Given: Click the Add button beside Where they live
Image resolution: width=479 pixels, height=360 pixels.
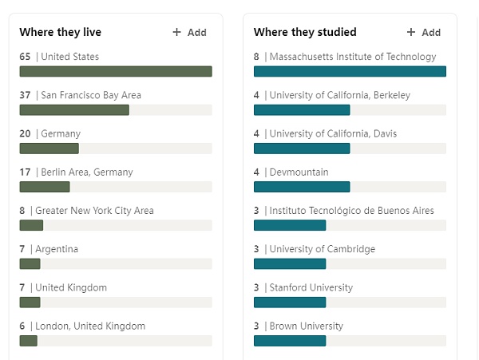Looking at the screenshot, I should [x=190, y=33].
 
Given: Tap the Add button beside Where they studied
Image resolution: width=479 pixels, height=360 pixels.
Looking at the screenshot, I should [x=424, y=33].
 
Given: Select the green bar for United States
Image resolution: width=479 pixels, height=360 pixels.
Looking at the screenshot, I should [x=116, y=71].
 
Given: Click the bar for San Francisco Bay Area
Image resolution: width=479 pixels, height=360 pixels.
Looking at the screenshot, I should [x=74, y=109].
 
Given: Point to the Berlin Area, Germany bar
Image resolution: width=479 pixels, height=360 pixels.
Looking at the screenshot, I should [x=45, y=187].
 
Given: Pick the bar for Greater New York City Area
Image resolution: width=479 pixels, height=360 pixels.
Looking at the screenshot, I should [x=31, y=225].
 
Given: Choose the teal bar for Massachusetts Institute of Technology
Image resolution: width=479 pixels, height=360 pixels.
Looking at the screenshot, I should [x=350, y=71].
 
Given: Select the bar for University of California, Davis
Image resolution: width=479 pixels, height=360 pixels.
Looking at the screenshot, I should [x=302, y=148].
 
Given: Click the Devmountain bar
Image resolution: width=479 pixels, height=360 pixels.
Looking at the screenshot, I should [x=302, y=187].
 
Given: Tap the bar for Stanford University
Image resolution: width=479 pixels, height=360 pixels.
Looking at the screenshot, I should [x=290, y=302].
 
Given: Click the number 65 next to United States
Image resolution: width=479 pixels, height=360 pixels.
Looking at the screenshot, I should [x=25, y=57].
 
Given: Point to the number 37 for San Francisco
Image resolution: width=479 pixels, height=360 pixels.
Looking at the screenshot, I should [x=25, y=95].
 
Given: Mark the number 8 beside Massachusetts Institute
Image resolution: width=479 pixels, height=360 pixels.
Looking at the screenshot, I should [x=256, y=57].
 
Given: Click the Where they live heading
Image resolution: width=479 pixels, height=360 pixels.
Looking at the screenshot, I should [x=61, y=33].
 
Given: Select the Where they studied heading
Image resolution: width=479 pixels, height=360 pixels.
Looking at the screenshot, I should [x=305, y=33].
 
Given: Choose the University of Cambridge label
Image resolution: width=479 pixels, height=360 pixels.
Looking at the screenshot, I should [x=323, y=249].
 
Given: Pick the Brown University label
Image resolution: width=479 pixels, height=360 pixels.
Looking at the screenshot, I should [x=307, y=326].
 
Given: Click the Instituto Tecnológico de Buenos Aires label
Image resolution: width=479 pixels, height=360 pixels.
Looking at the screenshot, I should [x=352, y=211].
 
